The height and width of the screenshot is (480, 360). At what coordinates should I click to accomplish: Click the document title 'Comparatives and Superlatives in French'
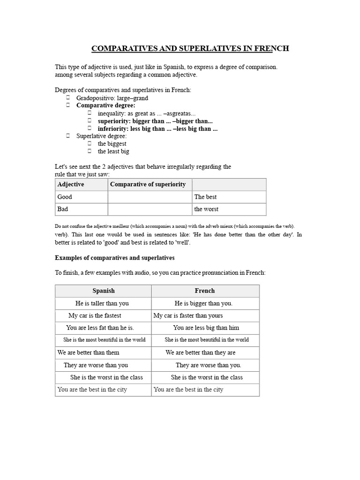tap(189, 48)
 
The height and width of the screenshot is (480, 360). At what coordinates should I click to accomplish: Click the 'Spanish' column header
tap(103, 291)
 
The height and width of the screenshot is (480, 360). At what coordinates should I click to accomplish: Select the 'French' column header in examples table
tap(205, 291)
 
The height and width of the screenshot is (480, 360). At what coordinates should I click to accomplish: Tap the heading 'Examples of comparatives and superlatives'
tap(115, 258)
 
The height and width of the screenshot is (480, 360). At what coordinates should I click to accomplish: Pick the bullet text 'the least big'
tap(113, 151)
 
